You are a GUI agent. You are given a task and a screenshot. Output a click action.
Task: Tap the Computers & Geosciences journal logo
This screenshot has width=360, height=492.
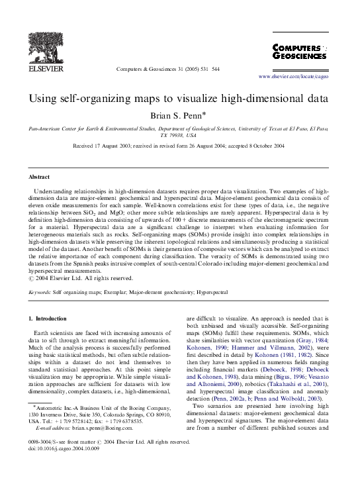tap(300, 52)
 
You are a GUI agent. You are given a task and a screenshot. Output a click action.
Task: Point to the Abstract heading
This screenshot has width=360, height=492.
tap(38, 177)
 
